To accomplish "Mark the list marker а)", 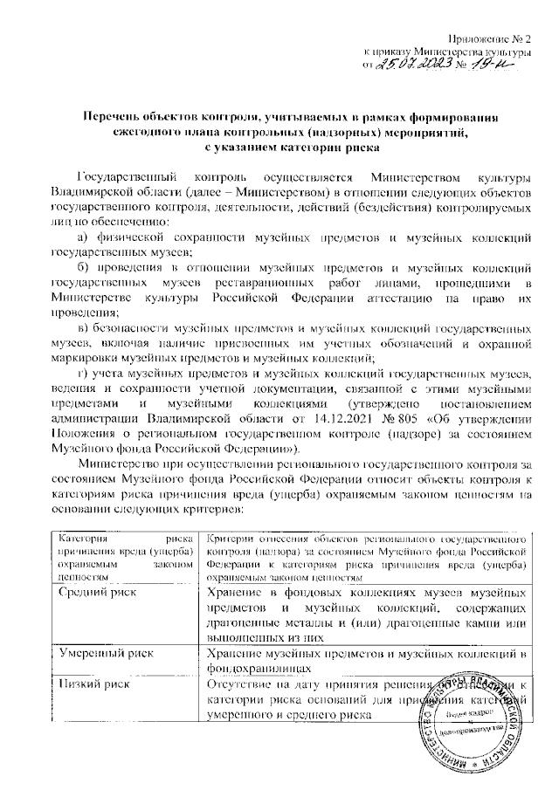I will point(84,237).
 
